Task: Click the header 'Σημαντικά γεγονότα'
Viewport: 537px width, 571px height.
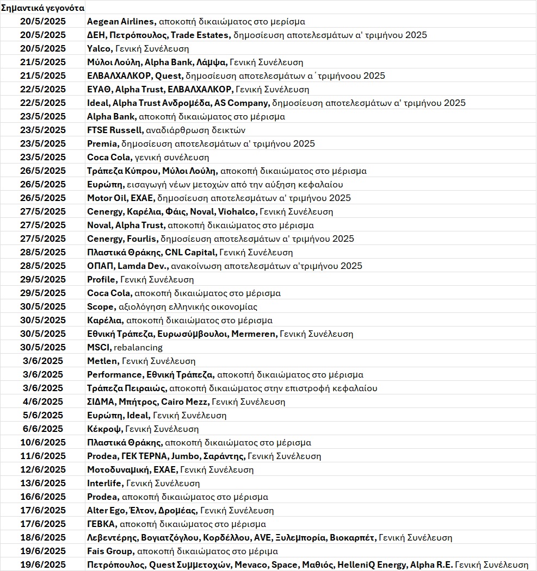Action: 43,8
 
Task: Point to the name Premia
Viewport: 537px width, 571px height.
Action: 102,144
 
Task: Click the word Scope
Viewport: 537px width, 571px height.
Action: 101,307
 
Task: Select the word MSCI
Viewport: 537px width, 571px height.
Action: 98,348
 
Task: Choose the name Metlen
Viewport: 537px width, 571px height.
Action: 102,361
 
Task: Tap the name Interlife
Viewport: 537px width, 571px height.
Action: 105,484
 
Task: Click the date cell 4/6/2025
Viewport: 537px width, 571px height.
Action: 43,402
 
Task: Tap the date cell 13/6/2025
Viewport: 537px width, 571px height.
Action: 43,484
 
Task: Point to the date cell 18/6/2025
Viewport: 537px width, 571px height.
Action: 43,538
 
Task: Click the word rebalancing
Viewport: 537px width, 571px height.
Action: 138,348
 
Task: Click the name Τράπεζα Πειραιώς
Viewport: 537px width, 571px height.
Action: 127,388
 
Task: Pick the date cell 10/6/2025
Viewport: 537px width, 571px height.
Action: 43,443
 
